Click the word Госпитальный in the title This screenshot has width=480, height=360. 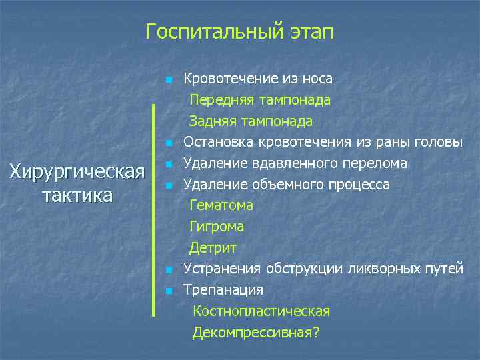(203, 32)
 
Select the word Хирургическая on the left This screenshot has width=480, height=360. (77, 173)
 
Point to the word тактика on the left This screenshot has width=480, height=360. (77, 196)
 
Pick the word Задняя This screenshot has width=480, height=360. (212, 121)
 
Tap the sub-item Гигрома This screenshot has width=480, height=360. (217, 227)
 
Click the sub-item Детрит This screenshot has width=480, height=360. (213, 248)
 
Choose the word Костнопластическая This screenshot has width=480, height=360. (261, 311)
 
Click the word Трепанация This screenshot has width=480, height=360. (223, 290)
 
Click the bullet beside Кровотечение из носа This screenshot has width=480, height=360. (170, 80)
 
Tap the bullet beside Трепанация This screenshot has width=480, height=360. (170, 291)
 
